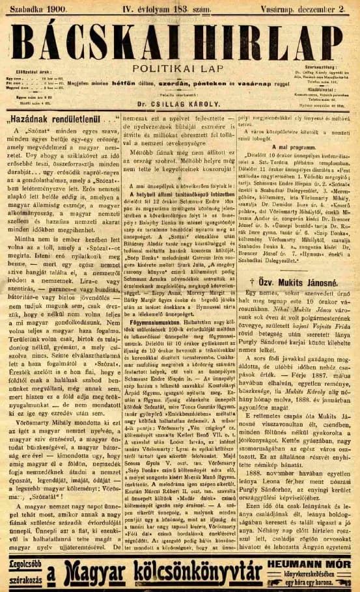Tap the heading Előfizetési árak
point(38,72)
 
